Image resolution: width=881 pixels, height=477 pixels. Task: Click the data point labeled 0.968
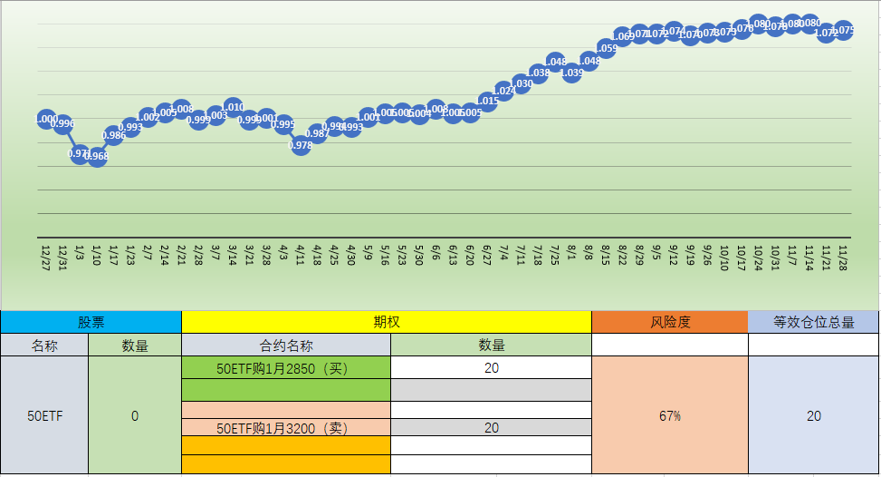click(x=97, y=156)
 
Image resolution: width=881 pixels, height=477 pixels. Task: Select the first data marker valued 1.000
click(x=46, y=119)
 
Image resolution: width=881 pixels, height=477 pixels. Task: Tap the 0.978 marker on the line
click(x=301, y=145)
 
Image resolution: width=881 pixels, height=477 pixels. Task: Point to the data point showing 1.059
click(x=607, y=48)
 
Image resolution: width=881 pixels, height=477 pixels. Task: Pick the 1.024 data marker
click(x=504, y=91)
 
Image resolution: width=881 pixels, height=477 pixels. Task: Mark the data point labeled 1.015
click(x=487, y=101)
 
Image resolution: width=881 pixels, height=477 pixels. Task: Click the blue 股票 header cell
click(x=91, y=322)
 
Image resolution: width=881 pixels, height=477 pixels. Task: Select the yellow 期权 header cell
click(x=386, y=322)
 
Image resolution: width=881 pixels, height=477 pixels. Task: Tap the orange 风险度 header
click(x=669, y=322)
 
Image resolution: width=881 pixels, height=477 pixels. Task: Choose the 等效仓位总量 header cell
click(x=813, y=322)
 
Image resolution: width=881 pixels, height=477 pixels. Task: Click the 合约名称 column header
click(x=286, y=346)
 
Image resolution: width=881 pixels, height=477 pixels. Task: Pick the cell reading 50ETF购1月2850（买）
click(x=286, y=368)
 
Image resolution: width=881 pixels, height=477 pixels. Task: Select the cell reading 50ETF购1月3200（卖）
click(x=286, y=427)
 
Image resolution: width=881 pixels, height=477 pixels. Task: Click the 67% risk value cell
click(x=669, y=415)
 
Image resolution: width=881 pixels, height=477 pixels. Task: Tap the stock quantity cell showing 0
click(x=135, y=415)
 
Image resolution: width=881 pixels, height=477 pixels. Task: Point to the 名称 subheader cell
click(x=44, y=346)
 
